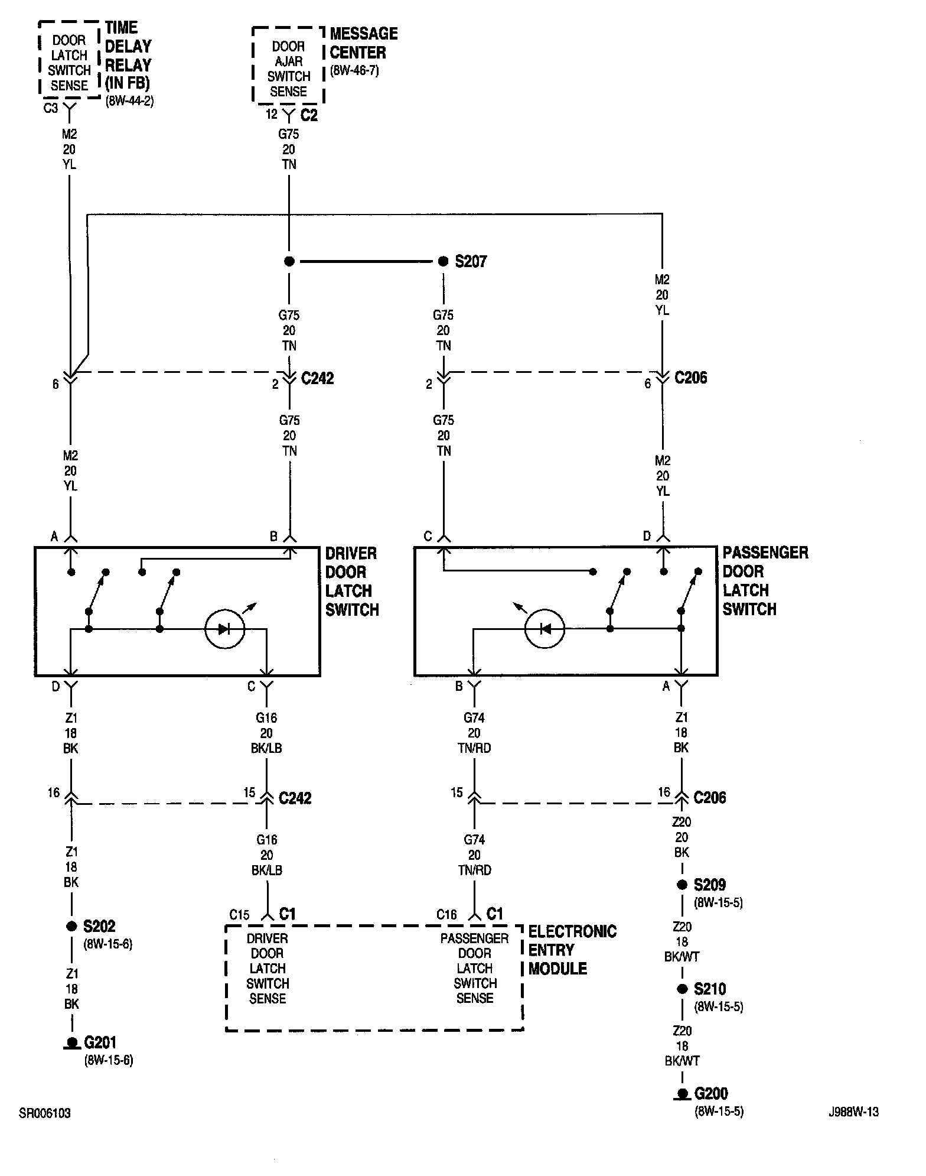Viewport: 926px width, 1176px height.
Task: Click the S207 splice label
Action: coord(471,261)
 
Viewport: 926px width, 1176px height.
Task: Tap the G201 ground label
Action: coord(100,1042)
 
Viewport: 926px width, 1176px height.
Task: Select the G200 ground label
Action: coord(711,1094)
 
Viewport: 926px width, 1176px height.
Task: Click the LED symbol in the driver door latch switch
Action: coord(224,629)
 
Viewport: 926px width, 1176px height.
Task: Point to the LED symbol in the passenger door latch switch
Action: coord(544,629)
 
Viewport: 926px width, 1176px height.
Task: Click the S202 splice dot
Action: coord(71,926)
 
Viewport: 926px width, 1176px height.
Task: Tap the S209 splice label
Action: coord(709,885)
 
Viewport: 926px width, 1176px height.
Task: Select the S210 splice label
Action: coord(709,989)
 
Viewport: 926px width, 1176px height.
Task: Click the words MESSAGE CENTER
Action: coord(363,43)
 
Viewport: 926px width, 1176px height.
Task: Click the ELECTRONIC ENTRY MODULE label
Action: coord(572,950)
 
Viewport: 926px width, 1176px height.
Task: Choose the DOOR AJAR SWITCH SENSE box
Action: coord(288,69)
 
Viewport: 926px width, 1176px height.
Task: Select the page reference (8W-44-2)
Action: coord(129,101)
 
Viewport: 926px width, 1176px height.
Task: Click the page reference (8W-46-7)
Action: coord(354,71)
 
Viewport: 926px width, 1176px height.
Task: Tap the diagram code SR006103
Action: coord(45,1113)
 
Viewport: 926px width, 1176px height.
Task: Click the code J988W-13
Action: coord(853,1112)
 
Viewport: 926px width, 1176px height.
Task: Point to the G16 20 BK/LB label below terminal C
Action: coord(266,733)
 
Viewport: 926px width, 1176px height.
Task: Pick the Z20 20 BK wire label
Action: coord(682,837)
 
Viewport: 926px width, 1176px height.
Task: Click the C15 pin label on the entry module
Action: coord(239,915)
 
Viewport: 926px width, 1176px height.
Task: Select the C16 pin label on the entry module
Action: coord(446,915)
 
